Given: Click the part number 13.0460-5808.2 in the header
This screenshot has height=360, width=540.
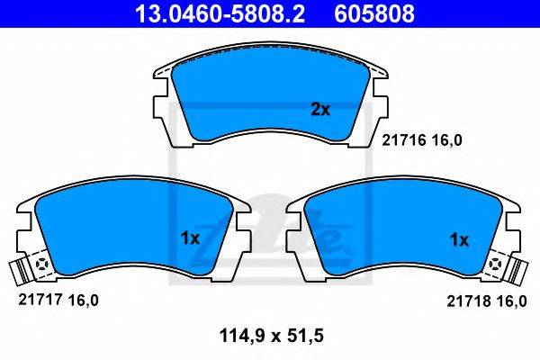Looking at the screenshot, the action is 220,14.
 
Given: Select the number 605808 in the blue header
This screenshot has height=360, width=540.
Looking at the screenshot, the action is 374,14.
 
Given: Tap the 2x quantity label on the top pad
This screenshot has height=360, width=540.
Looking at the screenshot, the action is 320,110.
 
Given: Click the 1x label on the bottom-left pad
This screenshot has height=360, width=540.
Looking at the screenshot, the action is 190,238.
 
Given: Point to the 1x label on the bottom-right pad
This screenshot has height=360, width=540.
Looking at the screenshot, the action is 459,239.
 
